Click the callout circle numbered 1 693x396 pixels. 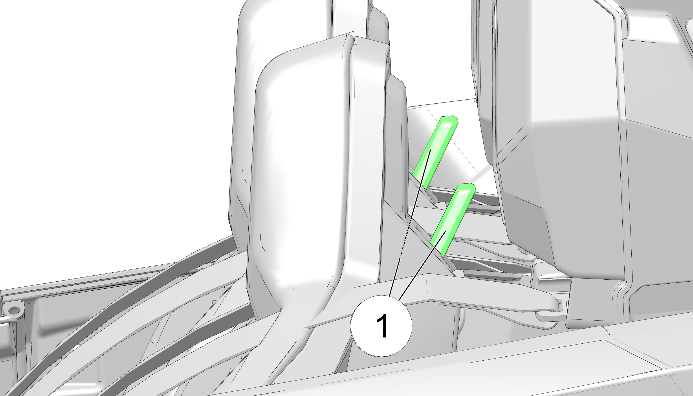[x=381, y=326]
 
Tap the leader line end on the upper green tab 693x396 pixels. [x=430, y=150]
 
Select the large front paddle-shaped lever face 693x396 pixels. [x=299, y=174]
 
